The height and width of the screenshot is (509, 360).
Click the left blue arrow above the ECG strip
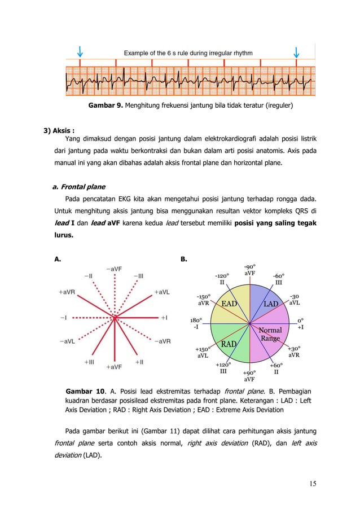click(x=81, y=51)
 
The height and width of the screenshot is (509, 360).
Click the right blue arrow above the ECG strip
click(x=297, y=51)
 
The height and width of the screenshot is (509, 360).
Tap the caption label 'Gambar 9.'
click(x=105, y=106)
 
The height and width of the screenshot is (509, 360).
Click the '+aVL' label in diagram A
click(x=164, y=292)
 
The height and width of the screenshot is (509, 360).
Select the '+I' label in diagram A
click(x=164, y=318)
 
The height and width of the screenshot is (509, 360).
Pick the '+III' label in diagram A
click(x=90, y=362)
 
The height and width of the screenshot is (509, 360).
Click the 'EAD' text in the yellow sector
click(x=229, y=304)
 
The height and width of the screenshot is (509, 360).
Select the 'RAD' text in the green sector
click(x=229, y=344)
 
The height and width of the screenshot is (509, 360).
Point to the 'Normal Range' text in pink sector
click(x=270, y=334)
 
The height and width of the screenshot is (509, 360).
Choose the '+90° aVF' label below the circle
click(x=249, y=376)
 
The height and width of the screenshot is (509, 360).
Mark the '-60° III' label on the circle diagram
click(x=278, y=279)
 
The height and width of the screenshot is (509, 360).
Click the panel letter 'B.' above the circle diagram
click(x=184, y=259)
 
